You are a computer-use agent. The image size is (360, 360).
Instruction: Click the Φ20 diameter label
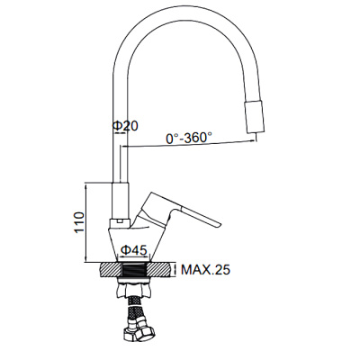[x=125, y=127]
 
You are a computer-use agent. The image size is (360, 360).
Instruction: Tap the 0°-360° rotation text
[x=188, y=139]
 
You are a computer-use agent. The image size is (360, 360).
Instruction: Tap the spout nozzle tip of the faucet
[x=256, y=121]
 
